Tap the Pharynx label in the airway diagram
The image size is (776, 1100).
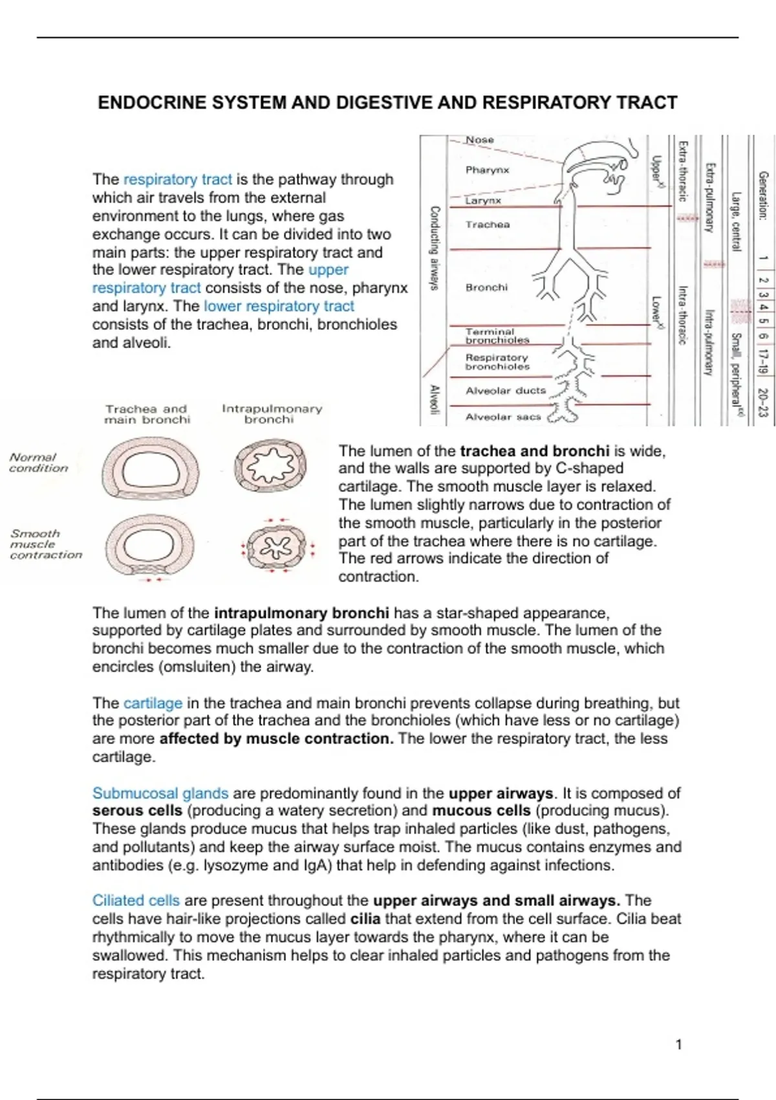point(487,170)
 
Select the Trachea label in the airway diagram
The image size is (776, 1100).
point(488,225)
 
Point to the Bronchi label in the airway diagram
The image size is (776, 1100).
point(486,287)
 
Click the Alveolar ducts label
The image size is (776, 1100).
point(506,391)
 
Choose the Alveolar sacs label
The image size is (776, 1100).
point(503,417)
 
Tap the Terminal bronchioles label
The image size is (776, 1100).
point(497,335)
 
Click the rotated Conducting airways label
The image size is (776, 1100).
point(435,248)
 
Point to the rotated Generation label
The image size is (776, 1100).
point(763,195)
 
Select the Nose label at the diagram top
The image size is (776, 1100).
point(480,140)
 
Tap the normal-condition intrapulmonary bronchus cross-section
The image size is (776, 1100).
point(270,466)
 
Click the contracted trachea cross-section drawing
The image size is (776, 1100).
point(149,547)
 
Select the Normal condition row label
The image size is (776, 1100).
point(38,463)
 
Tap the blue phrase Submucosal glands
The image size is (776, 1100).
point(160,793)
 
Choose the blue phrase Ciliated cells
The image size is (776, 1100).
point(136,901)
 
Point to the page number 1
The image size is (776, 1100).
point(678,1044)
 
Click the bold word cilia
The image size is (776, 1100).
point(365,919)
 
